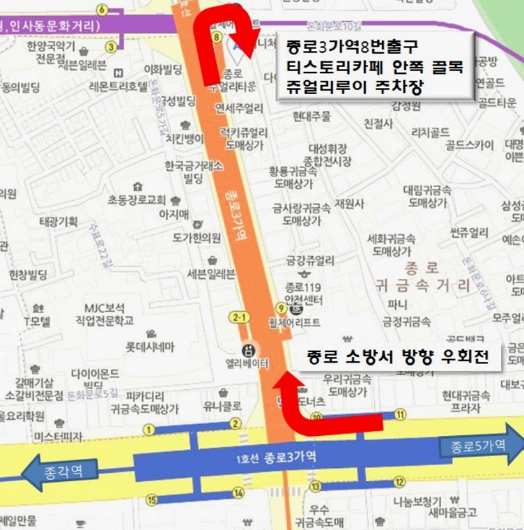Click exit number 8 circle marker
(x=217, y=37)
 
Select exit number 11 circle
(x=400, y=414)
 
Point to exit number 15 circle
(x=152, y=499)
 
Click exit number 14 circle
(x=239, y=494)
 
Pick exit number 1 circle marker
(x=148, y=429)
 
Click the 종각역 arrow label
(x=62, y=471)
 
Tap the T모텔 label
(x=36, y=321)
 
